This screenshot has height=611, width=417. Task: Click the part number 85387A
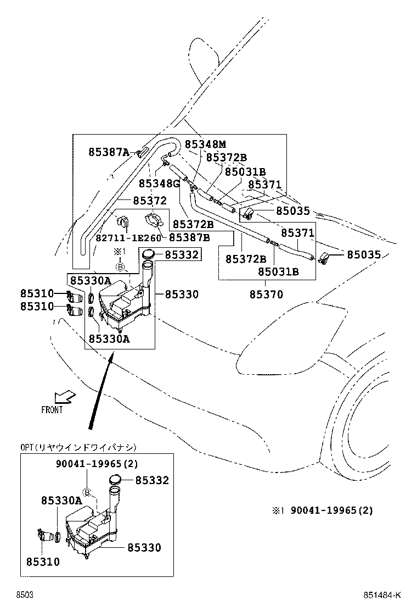109,152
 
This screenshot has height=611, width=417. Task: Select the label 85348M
205,144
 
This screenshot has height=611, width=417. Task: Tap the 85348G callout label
159,183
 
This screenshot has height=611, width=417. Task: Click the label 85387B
189,237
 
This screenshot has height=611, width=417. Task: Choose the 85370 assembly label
266,295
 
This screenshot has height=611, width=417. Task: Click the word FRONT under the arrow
52,409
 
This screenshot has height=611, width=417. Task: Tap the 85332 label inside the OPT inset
152,481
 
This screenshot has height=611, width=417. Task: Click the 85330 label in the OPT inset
144,547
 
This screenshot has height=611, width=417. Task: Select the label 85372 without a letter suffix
149,201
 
